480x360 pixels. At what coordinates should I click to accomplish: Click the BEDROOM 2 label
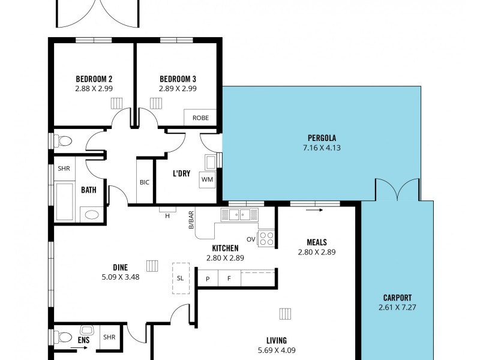[x=94, y=79]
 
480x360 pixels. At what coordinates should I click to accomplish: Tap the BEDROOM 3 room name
[x=178, y=79]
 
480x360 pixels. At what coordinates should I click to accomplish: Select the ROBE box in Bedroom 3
[x=200, y=118]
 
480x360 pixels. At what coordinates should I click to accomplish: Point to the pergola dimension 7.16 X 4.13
[x=321, y=148]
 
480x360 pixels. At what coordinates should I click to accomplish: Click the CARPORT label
[x=397, y=298]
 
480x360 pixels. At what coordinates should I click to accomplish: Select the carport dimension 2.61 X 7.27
[x=397, y=308]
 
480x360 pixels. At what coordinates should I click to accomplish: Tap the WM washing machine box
[x=207, y=179]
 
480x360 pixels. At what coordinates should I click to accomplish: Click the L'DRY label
[x=181, y=174]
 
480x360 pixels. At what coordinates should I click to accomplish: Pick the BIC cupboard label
[x=145, y=182]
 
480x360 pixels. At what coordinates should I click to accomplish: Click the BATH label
[x=89, y=190]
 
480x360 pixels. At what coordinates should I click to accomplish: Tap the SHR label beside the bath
[x=64, y=169]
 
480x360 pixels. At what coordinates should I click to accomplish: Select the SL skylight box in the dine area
[x=181, y=278]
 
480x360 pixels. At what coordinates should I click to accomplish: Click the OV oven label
[x=251, y=239]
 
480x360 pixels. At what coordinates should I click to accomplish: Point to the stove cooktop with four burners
[x=266, y=238]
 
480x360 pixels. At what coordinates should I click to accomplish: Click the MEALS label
[x=316, y=242]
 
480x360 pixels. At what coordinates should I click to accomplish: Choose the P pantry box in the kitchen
[x=208, y=278]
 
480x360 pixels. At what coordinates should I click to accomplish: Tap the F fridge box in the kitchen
[x=229, y=278]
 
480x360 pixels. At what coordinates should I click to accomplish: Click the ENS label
[x=83, y=340]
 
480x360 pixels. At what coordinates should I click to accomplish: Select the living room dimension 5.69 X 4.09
[x=277, y=350]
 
